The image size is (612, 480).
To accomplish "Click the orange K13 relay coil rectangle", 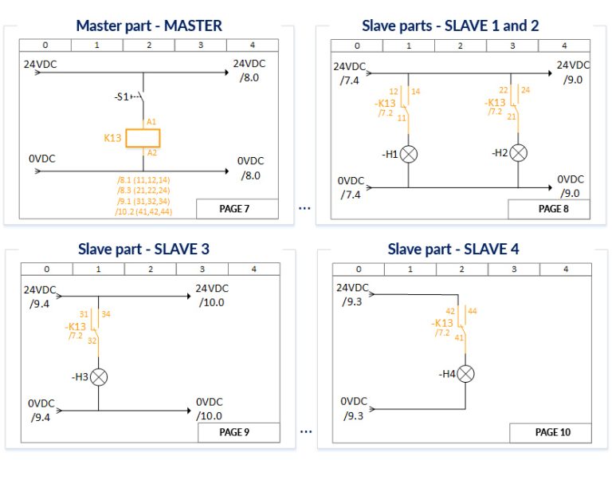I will [143, 137].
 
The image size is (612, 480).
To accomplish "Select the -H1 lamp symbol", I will [410, 154].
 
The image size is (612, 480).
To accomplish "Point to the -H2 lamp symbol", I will [518, 151].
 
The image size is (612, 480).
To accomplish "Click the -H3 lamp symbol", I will [99, 377].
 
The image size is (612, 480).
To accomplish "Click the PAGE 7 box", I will [236, 209].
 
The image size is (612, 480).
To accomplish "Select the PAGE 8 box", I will [549, 209].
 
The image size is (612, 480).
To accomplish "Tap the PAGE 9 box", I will [237, 432].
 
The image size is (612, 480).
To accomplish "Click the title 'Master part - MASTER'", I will [149, 26].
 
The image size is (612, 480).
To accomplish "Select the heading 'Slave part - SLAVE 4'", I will [453, 249].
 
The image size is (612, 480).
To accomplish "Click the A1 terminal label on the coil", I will [151, 122].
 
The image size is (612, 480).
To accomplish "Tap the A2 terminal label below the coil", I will [151, 151].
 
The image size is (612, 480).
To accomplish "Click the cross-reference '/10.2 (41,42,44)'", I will [144, 211].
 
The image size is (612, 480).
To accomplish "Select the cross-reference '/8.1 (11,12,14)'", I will [144, 180].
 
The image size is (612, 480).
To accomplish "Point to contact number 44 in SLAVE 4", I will [472, 310].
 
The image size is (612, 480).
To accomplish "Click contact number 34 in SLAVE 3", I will [106, 314].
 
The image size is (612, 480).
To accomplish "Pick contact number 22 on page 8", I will [504, 91].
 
